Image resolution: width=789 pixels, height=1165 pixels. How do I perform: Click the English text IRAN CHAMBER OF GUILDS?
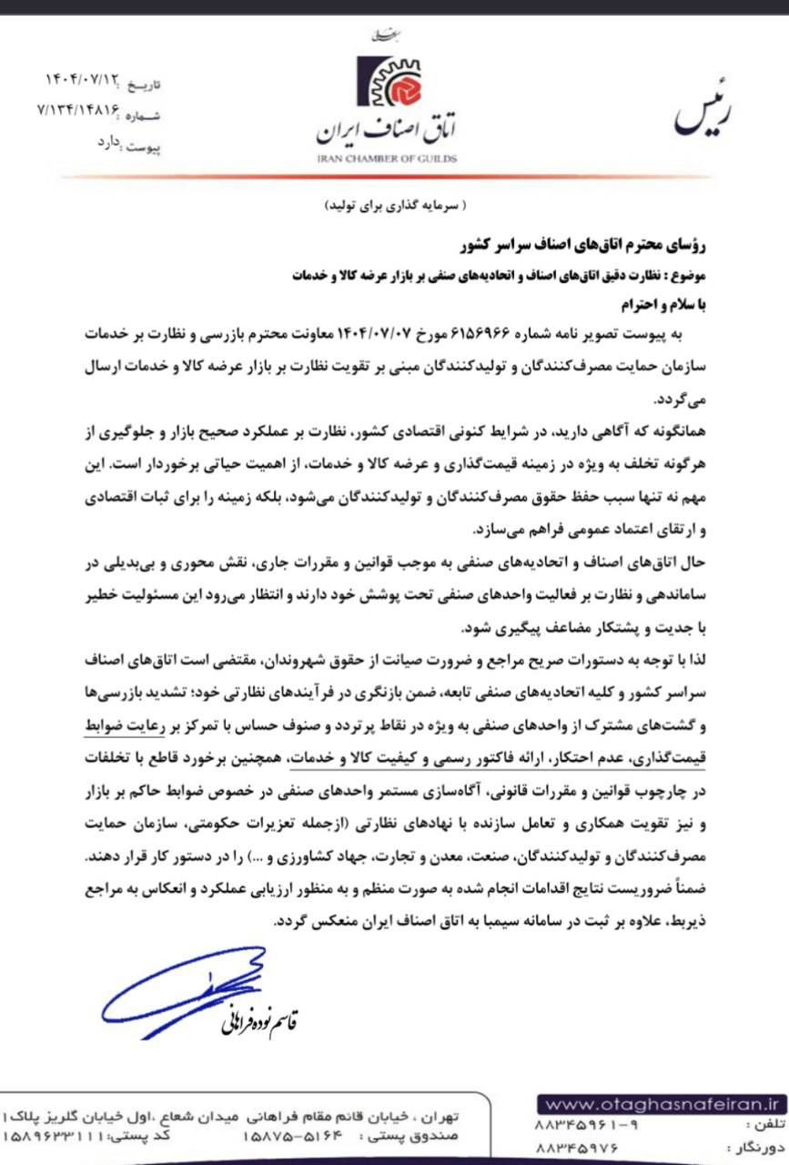(x=387, y=158)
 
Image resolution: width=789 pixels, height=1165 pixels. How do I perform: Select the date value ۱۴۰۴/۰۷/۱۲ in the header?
(x=83, y=81)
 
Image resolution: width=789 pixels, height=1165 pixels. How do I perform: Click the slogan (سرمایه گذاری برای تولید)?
(x=394, y=207)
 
